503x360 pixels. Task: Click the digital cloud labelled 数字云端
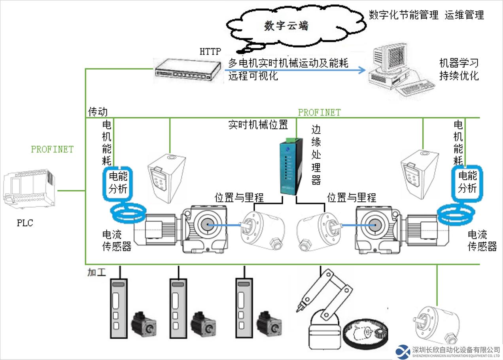click(286, 27)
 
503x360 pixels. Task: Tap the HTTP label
click(210, 52)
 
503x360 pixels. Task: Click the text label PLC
click(25, 223)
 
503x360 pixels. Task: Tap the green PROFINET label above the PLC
click(52, 150)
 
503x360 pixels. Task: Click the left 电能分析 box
click(118, 182)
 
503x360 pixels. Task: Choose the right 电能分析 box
click(467, 182)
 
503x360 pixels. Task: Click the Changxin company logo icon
click(403, 351)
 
